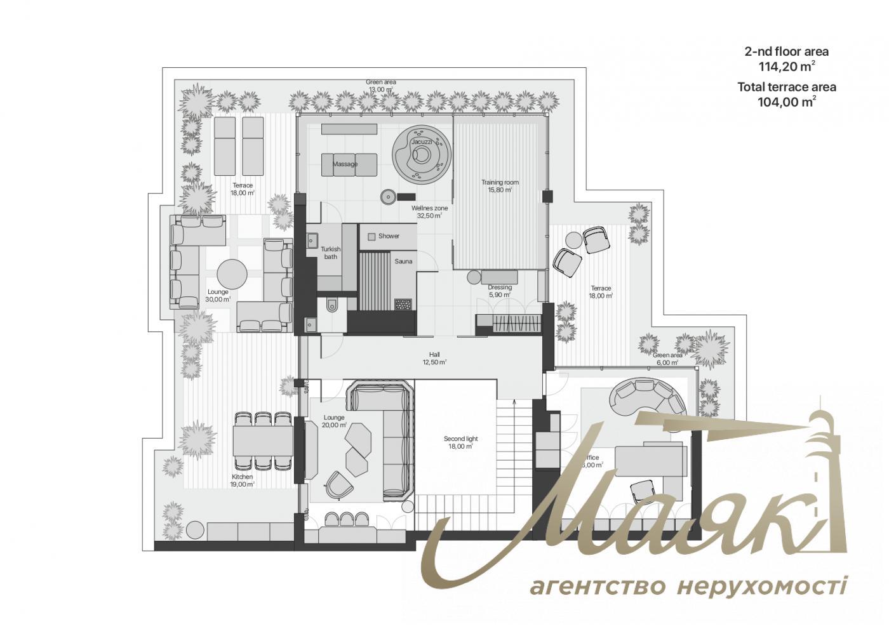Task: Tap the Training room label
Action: tap(500, 186)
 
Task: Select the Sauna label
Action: tap(403, 262)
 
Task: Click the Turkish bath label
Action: tap(330, 253)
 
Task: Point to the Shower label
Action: tap(389, 236)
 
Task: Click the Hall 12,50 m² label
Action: tap(434, 359)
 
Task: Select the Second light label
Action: tap(460, 442)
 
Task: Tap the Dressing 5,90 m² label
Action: tap(500, 291)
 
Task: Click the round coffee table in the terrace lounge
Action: tap(232, 275)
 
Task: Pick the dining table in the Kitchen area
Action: tap(263, 440)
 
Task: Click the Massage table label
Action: tap(345, 164)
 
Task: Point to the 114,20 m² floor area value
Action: tap(787, 66)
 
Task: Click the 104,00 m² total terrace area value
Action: tap(787, 102)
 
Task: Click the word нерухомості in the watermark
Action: tap(762, 586)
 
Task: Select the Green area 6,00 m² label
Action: tap(667, 359)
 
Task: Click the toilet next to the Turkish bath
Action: tap(333, 307)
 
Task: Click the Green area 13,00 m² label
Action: tap(381, 86)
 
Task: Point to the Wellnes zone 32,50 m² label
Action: tap(429, 212)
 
